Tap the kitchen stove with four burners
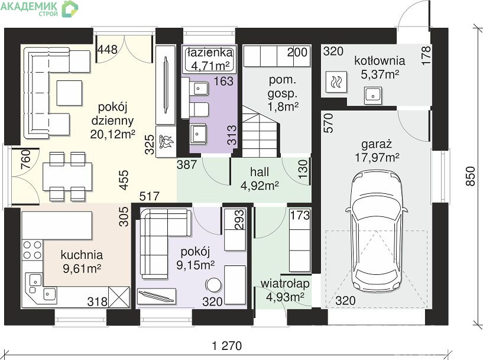[x=33, y=249]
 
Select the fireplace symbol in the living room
[x=166, y=142]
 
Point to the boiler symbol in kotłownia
[x=336, y=82]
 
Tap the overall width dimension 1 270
[x=227, y=346]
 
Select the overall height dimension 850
[x=471, y=176]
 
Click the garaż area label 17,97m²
[x=377, y=158]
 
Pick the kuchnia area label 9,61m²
[x=82, y=268]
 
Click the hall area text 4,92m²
[x=260, y=186]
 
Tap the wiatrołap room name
[x=285, y=284]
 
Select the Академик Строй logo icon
[x=70, y=9]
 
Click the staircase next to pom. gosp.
[x=261, y=131]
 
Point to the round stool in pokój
[x=213, y=285]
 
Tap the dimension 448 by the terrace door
[x=108, y=50]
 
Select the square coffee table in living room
[x=69, y=93]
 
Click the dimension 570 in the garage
[x=329, y=123]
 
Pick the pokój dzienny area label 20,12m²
[x=113, y=134]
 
